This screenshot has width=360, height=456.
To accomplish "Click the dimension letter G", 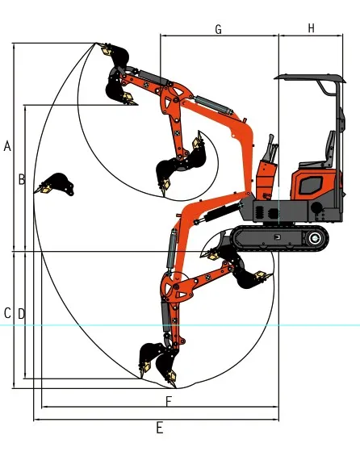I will coord(218,29).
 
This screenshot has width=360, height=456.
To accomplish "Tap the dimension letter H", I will coord(312,28).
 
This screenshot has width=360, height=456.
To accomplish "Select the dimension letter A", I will coord(7,146).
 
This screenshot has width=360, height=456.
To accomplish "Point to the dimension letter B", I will coord(22,179).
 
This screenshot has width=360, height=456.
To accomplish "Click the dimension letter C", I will coord(7,313).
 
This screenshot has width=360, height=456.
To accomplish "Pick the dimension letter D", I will coord(22,313).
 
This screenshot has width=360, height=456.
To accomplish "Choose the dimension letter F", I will coord(168,401).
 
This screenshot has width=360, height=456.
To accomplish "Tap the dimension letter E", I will coord(159,428).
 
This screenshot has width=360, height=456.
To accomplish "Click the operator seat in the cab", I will coord(329,150).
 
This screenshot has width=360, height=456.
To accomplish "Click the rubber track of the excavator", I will coord(278,237).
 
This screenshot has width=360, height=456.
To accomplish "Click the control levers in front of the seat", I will coord(273,153).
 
